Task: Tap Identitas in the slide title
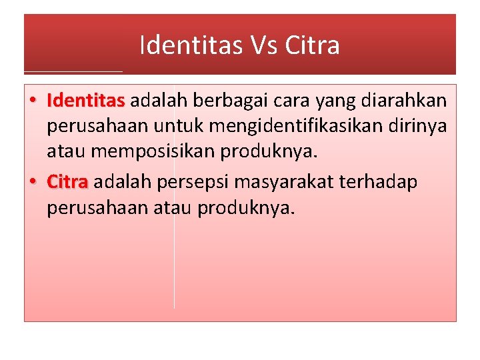[192, 45]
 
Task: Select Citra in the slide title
[312, 45]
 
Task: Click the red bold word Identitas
[86, 101]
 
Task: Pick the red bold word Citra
[67, 182]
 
